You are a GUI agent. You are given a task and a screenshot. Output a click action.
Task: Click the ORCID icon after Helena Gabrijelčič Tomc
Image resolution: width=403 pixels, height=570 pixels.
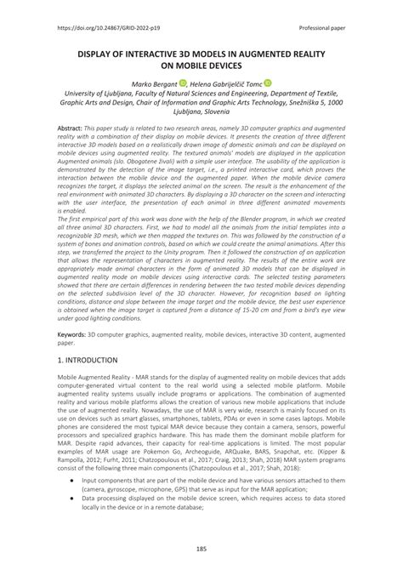[268, 83]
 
